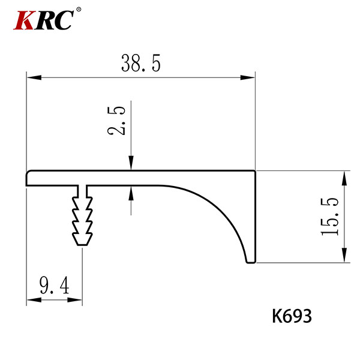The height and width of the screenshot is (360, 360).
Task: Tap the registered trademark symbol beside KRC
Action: coord(79,10)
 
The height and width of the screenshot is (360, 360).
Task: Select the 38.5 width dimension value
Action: coord(141,63)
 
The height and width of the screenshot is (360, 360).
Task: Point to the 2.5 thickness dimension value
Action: coord(116,121)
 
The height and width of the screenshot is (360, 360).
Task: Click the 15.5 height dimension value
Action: coord(329,217)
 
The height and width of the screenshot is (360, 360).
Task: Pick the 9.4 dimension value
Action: coord(54,285)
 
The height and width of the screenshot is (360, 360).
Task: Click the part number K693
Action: coord(292,316)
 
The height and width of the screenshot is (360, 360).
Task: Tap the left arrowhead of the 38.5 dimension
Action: coord(34,77)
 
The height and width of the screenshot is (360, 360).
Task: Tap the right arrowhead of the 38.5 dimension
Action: coord(247,77)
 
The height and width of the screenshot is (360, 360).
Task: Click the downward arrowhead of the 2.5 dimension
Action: coord(131,163)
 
